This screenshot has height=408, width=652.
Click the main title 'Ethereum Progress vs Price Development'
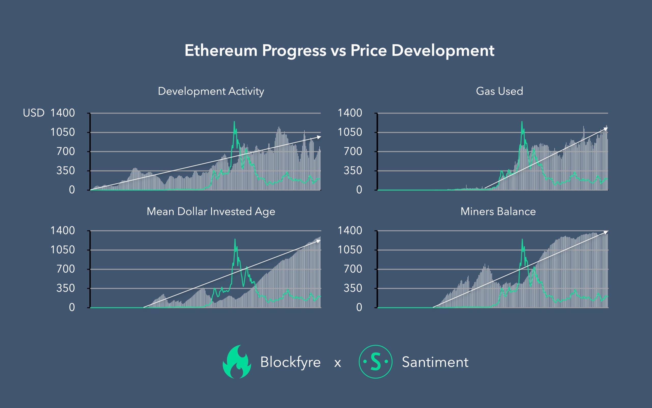(x=339, y=51)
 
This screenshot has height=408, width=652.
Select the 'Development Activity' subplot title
(x=211, y=91)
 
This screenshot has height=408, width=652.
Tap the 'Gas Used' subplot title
(x=499, y=91)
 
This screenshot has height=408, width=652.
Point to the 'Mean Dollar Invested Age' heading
(x=211, y=212)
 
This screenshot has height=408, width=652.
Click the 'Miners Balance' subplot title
(x=498, y=211)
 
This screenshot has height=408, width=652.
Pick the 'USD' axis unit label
(x=34, y=113)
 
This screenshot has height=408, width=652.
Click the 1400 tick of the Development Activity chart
(x=63, y=113)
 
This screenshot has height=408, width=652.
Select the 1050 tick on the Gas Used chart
(x=350, y=132)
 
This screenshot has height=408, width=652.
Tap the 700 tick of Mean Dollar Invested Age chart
(x=66, y=269)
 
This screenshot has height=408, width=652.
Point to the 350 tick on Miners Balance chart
(x=353, y=288)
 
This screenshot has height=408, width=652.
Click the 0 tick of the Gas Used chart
(x=359, y=190)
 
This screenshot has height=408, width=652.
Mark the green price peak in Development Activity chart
(x=234, y=122)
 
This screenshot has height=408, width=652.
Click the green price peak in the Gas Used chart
(x=522, y=122)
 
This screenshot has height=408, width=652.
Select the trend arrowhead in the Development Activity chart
(x=319, y=137)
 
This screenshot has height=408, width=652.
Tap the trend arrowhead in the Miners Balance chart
(x=606, y=232)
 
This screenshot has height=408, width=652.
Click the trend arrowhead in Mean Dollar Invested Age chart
(x=319, y=241)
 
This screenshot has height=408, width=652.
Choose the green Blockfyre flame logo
(x=237, y=362)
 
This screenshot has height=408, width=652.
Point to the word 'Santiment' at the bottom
(x=435, y=362)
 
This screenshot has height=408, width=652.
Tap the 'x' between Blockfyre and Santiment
(x=338, y=363)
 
